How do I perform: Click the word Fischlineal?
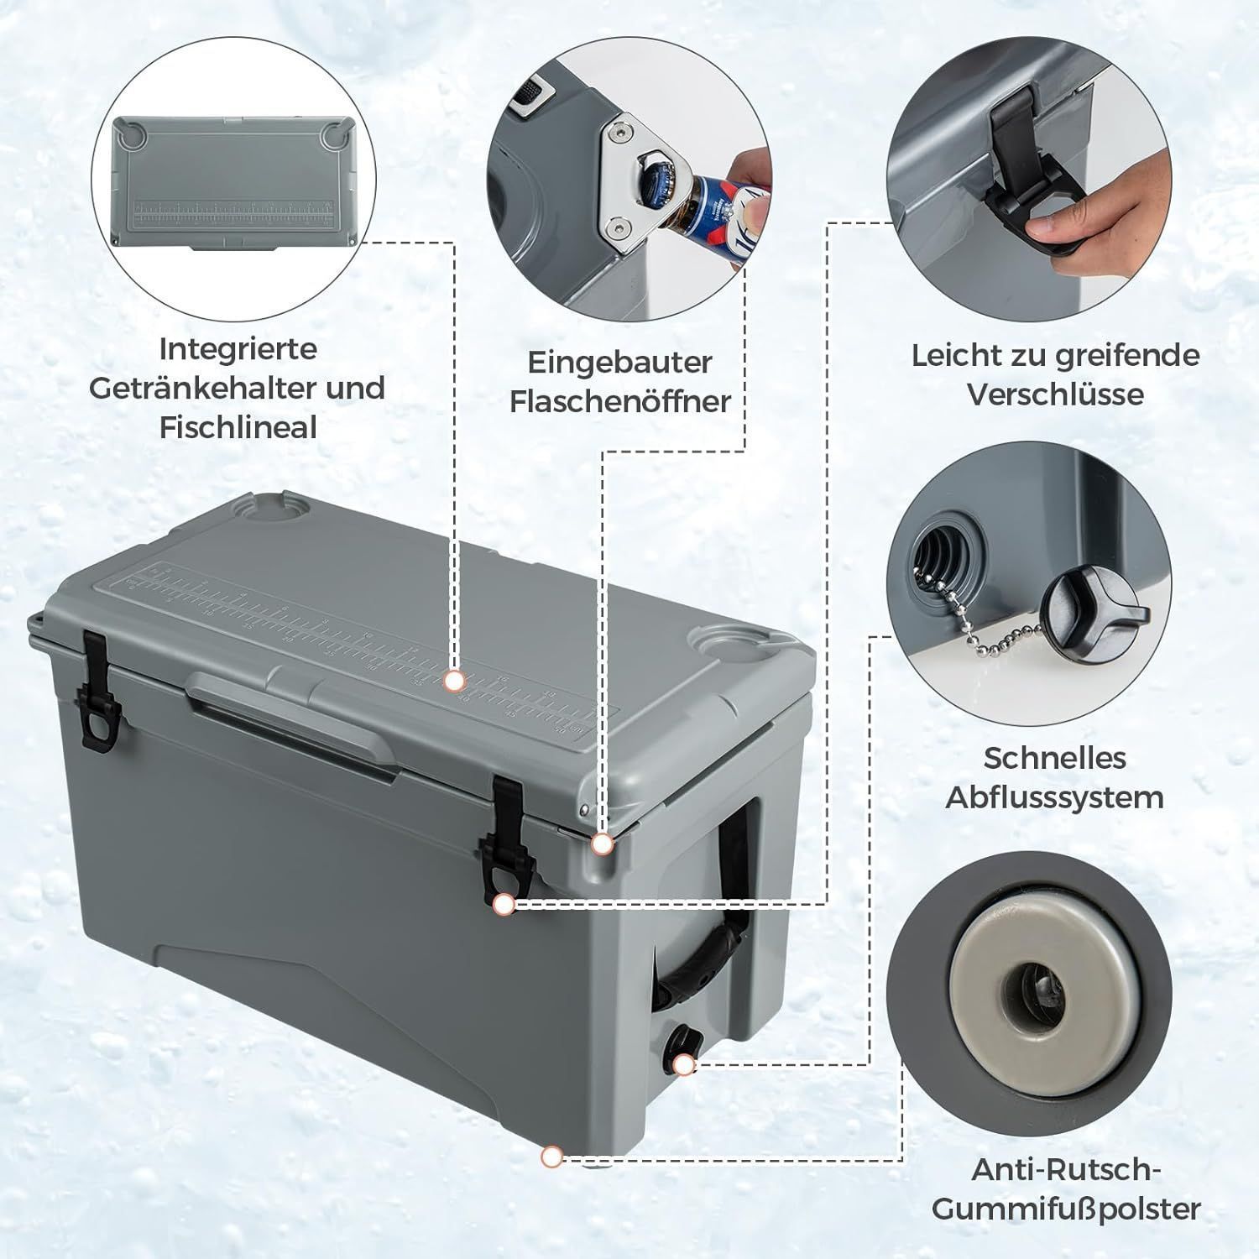pos(238,427)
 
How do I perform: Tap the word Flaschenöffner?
pos(620,402)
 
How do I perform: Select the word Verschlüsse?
pos(1055,394)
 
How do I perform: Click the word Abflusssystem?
pos(1054,797)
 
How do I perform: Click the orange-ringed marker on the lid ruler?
pos(455,680)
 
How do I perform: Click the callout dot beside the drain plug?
pos(685,1065)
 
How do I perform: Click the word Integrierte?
pos(238,348)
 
